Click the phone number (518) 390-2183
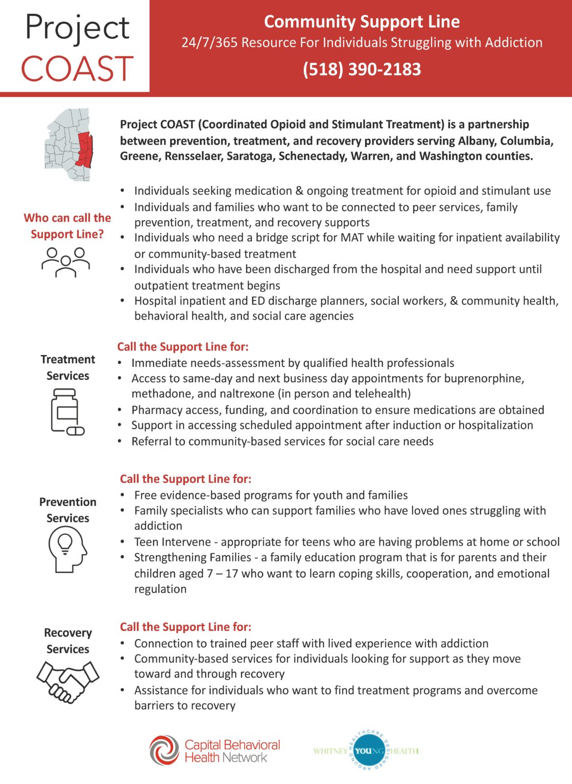[362, 69]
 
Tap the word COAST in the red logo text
[77, 69]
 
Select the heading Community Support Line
[362, 21]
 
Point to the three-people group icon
[66, 261]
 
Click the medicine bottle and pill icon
[66, 411]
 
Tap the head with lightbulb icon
[67, 549]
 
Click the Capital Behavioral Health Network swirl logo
[164, 750]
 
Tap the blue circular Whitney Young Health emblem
[366, 751]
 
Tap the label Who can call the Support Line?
[67, 226]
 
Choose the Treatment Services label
[67, 367]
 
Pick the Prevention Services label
[67, 510]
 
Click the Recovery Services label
[67, 641]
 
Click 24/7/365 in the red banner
[209, 42]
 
